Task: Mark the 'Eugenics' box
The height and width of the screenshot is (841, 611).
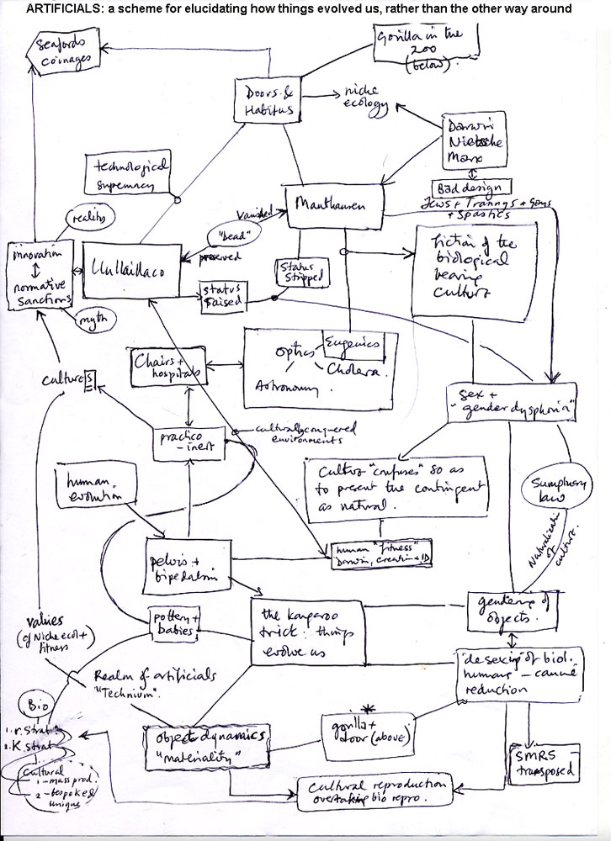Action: [x=353, y=342]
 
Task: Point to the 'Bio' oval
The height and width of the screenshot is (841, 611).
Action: [x=35, y=701]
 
